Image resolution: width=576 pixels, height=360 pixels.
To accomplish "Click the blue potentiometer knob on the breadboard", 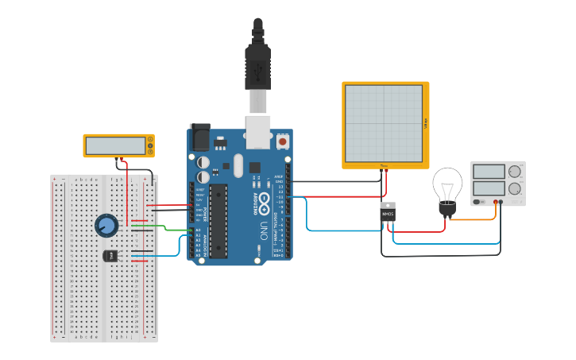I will click(x=106, y=225).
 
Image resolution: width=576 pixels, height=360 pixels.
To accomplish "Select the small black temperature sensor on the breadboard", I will click(x=110, y=255).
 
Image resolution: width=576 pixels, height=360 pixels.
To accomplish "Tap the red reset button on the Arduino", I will click(x=282, y=141).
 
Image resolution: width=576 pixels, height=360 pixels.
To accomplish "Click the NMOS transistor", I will click(x=388, y=213).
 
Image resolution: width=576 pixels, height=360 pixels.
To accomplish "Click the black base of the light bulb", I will click(x=447, y=210).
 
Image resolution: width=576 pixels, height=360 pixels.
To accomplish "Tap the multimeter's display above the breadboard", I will click(x=115, y=145).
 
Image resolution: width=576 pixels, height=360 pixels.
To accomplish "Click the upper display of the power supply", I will click(x=488, y=172).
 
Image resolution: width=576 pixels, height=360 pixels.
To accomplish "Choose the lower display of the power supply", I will click(x=488, y=189).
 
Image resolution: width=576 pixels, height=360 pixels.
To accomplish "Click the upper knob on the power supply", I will click(x=514, y=171).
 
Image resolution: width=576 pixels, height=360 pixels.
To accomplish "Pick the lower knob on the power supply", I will click(x=514, y=189).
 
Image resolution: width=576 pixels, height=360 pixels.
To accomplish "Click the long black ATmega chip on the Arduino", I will click(x=218, y=220).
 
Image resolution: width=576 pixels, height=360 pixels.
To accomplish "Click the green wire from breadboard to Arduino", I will click(x=167, y=228).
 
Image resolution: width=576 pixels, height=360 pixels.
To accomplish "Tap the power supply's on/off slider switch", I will click(x=478, y=202).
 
